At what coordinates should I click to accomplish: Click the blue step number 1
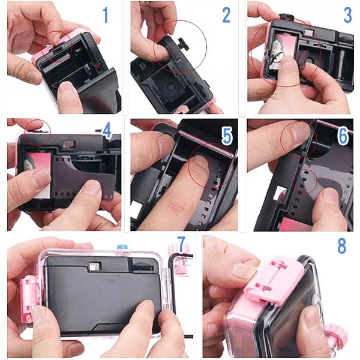coord(106,15)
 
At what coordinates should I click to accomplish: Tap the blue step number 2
coord(226,15)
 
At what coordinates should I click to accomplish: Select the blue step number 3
coord(347,15)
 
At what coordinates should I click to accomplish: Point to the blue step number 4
coord(107,131)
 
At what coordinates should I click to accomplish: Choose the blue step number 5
coord(227,136)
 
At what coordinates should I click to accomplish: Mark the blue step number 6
coord(343,136)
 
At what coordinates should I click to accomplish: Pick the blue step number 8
coord(341,245)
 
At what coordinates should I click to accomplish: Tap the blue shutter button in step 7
coord(122,247)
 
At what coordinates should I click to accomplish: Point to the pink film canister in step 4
coord(38,173)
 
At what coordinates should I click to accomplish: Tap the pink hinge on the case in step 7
coord(29,298)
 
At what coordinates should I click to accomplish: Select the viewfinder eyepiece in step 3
coord(308,33)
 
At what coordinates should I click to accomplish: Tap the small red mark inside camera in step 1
coord(99,66)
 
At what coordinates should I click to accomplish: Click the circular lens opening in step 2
coord(171,87)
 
